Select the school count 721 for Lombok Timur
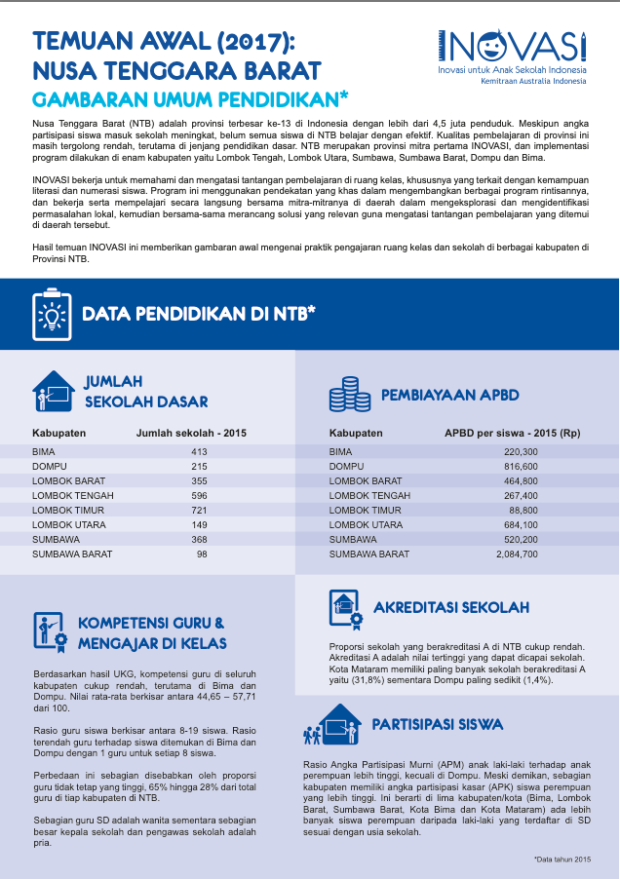click(199, 511)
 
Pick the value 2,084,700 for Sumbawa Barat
click(516, 554)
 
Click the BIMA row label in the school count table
click(45, 452)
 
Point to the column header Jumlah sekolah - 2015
click(191, 433)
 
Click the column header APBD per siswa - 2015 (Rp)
click(512, 433)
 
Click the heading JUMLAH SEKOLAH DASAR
click(145, 391)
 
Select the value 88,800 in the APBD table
click(523, 511)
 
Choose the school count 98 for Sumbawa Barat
click(202, 554)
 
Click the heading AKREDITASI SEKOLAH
click(450, 608)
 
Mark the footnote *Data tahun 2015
click(562, 859)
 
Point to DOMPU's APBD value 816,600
click(520, 467)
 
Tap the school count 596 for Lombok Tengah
click(199, 496)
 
